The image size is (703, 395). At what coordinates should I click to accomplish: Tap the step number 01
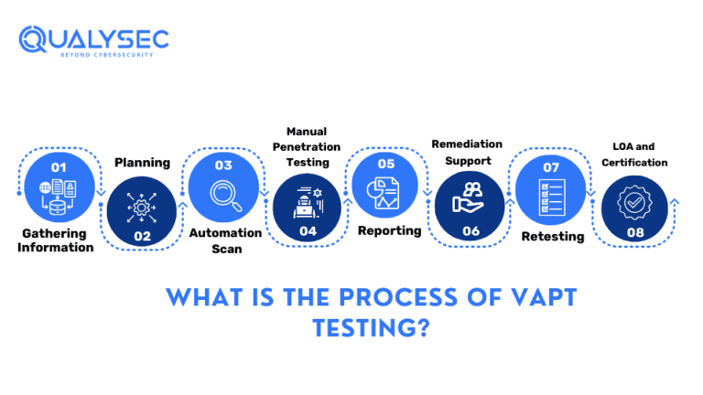[x=59, y=167]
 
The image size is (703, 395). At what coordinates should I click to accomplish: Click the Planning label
[x=142, y=163]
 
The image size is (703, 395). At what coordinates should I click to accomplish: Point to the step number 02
[x=142, y=236]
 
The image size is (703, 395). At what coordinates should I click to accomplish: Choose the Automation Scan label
[x=225, y=240]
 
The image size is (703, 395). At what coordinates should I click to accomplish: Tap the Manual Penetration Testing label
[x=307, y=146]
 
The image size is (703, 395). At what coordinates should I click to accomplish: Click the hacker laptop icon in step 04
[x=307, y=202]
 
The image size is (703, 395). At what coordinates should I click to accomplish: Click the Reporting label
[x=389, y=230]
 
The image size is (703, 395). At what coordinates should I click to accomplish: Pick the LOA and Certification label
[x=633, y=155]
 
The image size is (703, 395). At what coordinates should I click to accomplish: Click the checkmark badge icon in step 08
[x=633, y=202]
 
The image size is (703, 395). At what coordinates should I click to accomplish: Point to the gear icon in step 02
[x=142, y=206]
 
